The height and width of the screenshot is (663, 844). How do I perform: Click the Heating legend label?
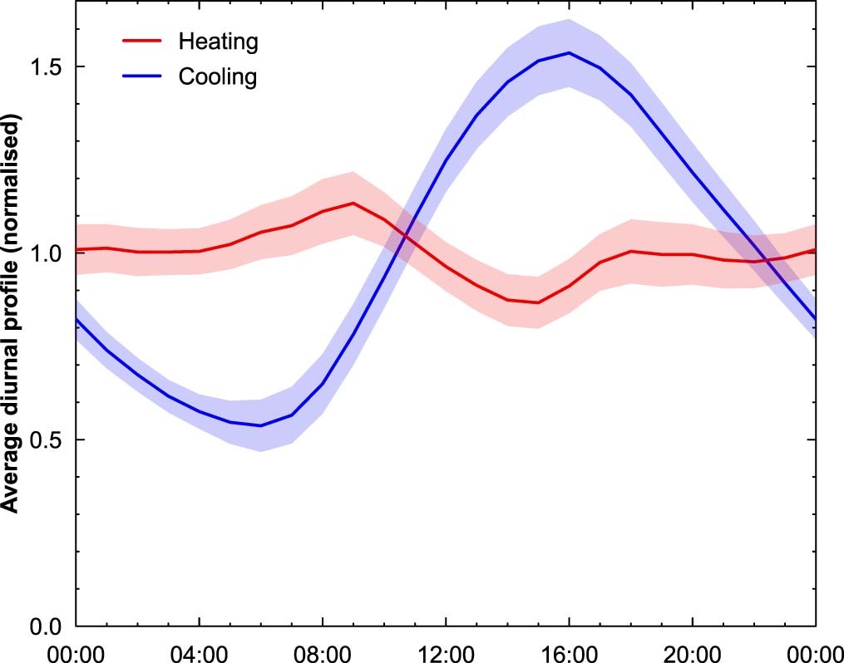(x=218, y=41)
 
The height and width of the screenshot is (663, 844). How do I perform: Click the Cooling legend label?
(x=218, y=77)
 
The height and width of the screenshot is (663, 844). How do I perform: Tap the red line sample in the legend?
(x=142, y=41)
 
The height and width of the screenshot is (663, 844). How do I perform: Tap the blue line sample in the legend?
(x=142, y=77)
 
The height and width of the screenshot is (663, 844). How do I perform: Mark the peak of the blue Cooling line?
(x=569, y=53)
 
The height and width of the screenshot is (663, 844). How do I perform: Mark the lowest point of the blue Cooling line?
(x=260, y=425)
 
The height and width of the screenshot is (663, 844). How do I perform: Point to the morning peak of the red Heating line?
(x=353, y=203)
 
